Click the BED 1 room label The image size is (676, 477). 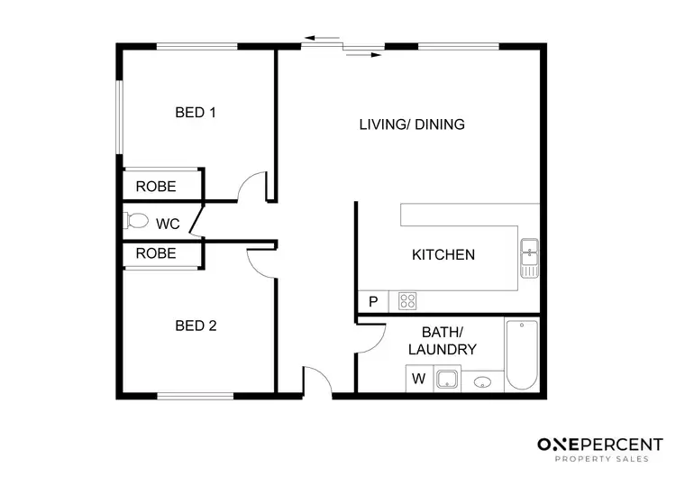point(196,113)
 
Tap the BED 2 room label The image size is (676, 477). point(196,326)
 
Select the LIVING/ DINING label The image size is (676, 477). point(412,124)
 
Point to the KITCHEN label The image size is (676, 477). point(443,255)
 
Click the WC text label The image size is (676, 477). point(167,223)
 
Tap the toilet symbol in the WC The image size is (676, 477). point(136,220)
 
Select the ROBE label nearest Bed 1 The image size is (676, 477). point(156,187)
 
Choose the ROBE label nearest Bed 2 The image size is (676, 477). point(156,254)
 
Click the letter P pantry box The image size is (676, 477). point(372,302)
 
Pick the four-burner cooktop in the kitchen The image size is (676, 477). point(407,301)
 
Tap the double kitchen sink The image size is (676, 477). point(529,255)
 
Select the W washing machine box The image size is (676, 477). point(418,379)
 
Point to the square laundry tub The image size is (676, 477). point(448,379)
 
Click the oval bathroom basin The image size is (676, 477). point(484,381)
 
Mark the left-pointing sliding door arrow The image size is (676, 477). point(322,39)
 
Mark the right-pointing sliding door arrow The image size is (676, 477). point(359,55)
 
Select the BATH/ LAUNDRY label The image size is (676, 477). point(442,341)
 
